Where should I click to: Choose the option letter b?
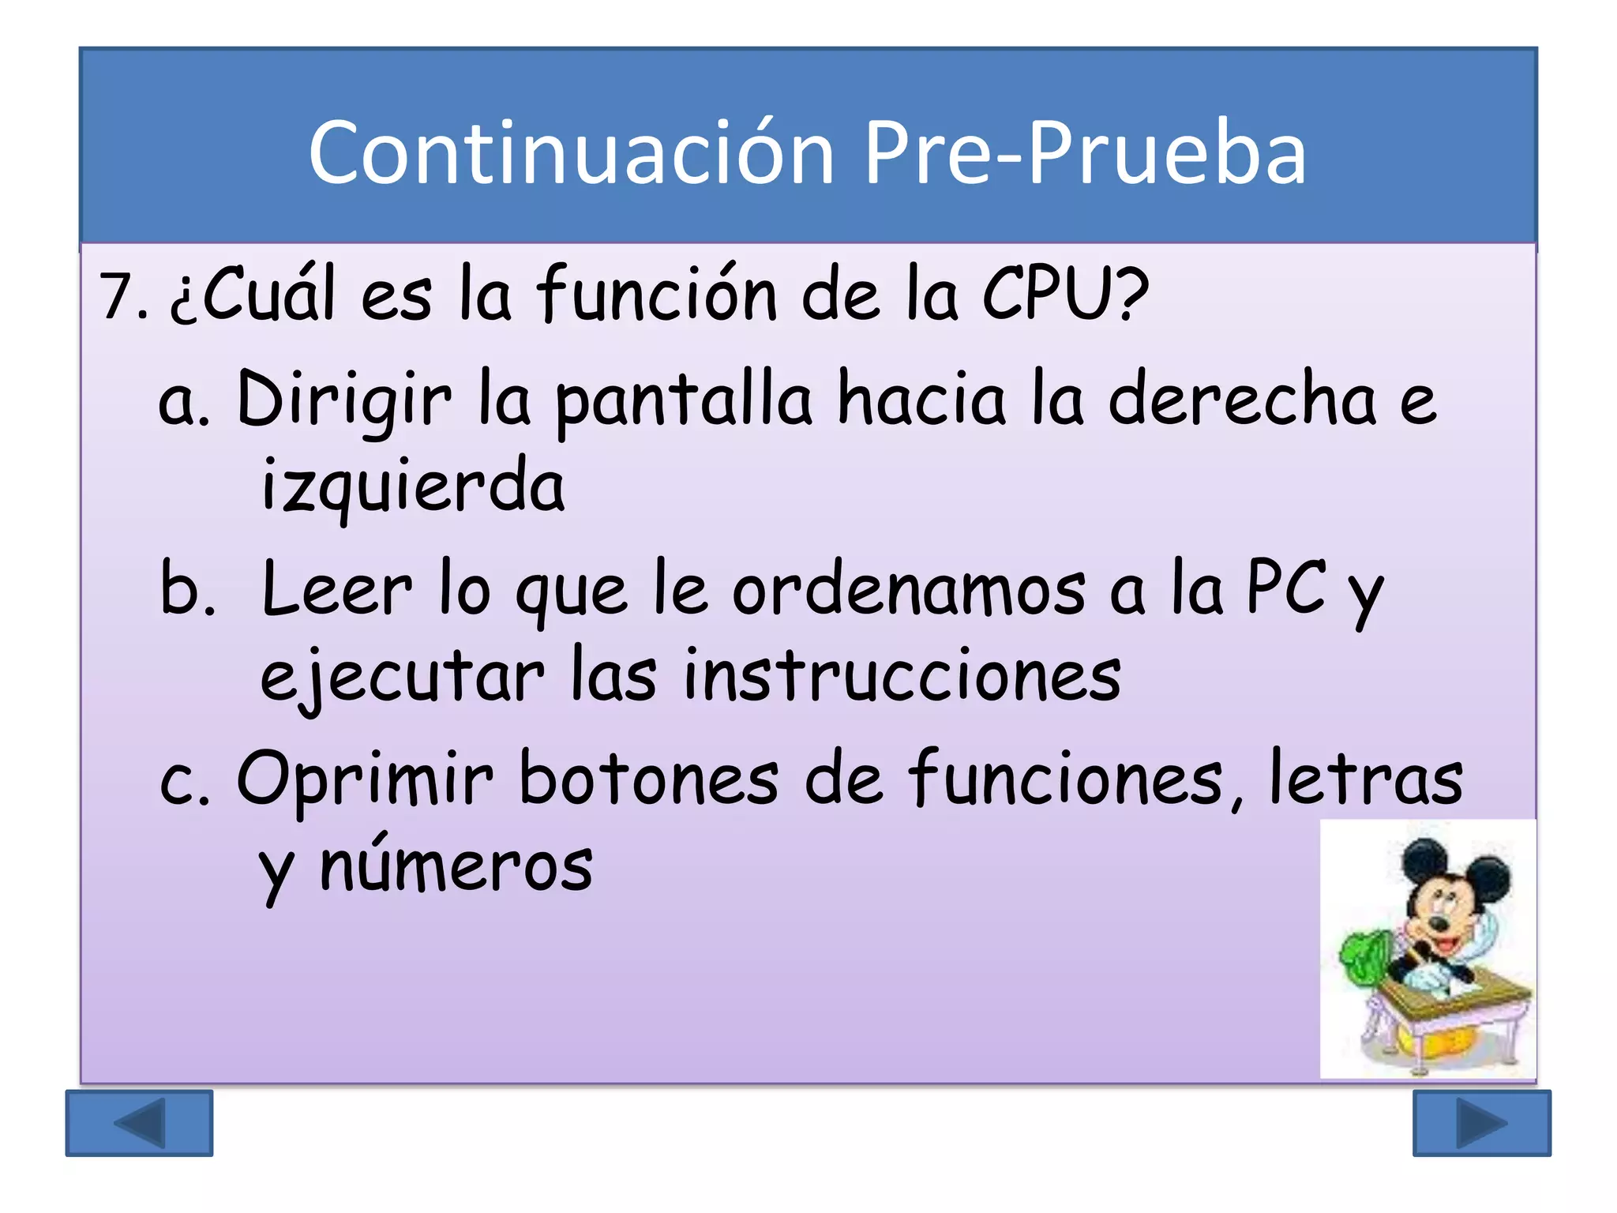(x=186, y=588)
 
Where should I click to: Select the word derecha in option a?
(x=1243, y=400)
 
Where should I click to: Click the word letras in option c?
(x=1365, y=779)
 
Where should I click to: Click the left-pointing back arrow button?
(x=139, y=1122)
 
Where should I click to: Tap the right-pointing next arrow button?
(x=1481, y=1122)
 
